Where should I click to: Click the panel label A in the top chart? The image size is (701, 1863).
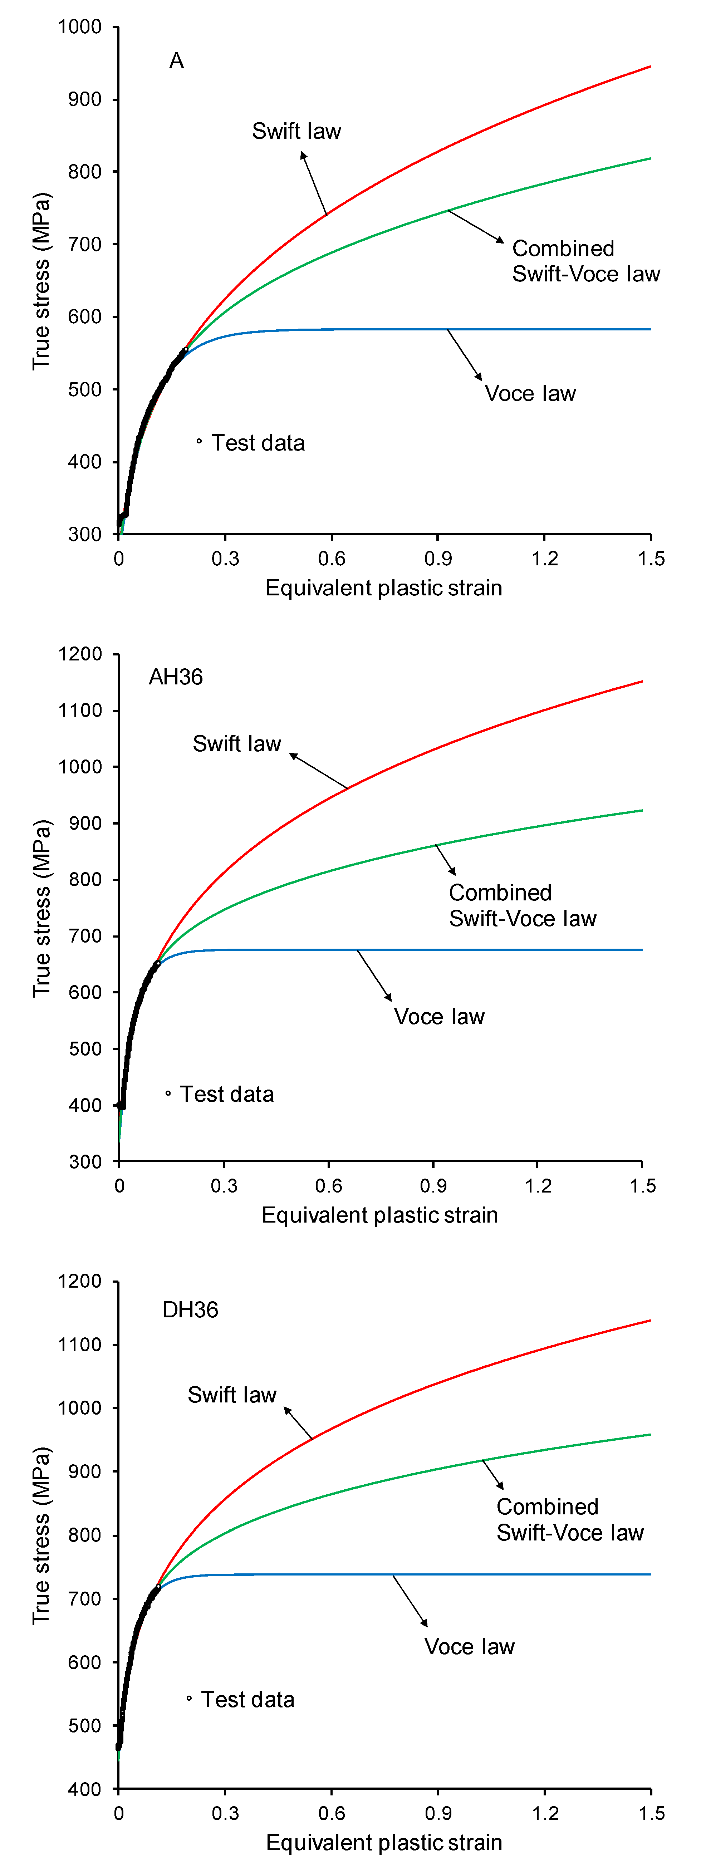click(177, 61)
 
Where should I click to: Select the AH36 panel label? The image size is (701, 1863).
click(176, 677)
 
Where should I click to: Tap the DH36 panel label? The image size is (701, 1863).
click(190, 1310)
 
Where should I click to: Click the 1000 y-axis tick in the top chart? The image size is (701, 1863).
click(79, 27)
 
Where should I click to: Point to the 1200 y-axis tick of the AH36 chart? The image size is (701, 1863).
click(79, 654)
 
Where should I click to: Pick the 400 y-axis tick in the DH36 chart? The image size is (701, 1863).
click(85, 1789)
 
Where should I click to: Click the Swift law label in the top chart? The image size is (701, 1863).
click(296, 131)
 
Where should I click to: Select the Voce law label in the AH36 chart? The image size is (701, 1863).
click(439, 1017)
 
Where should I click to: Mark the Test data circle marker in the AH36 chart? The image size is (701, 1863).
click(168, 1093)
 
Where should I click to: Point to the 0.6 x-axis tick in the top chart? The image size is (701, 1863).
click(331, 558)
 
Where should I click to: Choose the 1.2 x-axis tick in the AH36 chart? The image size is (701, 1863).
click(538, 1186)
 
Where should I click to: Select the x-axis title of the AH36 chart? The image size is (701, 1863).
click(380, 1215)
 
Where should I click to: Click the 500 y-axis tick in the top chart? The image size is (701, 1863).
click(85, 389)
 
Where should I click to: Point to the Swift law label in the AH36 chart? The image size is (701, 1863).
click(236, 743)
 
